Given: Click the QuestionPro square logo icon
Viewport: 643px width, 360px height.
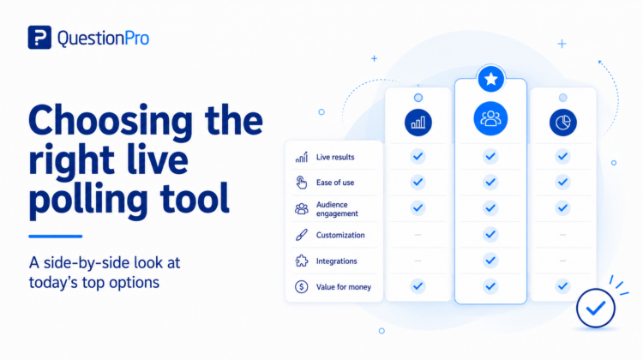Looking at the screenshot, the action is (39, 38).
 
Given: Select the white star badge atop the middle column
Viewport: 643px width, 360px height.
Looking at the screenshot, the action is (490, 79).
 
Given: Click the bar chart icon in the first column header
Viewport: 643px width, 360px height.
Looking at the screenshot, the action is (418, 123).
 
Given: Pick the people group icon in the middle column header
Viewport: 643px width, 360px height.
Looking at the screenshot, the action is (490, 118).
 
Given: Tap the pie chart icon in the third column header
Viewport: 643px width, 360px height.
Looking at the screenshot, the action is (562, 123).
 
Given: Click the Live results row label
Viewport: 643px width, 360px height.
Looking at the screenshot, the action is (335, 157).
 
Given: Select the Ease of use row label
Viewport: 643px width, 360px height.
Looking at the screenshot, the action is (335, 183).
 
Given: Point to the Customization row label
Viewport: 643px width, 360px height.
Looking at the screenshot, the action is (340, 235).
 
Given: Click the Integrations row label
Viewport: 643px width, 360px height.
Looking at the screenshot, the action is (336, 261).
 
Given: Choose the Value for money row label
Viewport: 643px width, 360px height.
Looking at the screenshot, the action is (344, 287).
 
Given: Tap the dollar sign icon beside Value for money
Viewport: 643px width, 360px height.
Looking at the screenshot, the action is (302, 286).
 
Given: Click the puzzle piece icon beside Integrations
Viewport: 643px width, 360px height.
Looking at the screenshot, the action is (302, 261).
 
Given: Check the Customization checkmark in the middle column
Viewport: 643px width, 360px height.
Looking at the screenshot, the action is (490, 235).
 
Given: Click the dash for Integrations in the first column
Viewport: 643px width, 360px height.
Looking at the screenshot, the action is (418, 261).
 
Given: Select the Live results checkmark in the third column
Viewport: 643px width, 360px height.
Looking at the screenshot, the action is (562, 156).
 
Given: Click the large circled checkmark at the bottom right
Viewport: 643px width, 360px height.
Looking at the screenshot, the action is (596, 308).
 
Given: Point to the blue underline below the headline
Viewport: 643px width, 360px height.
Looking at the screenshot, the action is (56, 237).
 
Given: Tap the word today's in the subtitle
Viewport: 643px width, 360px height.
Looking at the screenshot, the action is (53, 283).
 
